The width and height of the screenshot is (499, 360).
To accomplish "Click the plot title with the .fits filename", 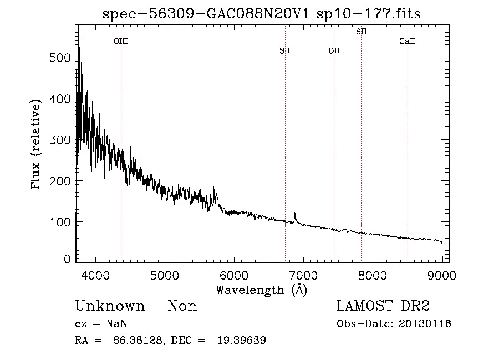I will coord(261,14).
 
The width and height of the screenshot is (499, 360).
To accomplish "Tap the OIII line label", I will coord(121,41).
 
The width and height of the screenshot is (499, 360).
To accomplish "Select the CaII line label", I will coord(408,41).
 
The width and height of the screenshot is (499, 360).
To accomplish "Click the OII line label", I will coord(334,50).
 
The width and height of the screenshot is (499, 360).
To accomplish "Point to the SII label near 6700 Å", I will coord(285,50).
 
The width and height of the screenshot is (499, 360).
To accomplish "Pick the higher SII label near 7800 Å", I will coord(361,32).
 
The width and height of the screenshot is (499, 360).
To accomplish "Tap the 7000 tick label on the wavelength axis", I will coord(303,274).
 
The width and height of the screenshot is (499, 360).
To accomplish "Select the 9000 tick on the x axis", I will coord(442,274).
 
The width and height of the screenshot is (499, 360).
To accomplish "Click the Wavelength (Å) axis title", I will coord(261,290).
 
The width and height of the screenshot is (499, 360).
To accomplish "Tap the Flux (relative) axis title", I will coord(37,146).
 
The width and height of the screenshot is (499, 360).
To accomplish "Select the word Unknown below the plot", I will coord(110,306).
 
